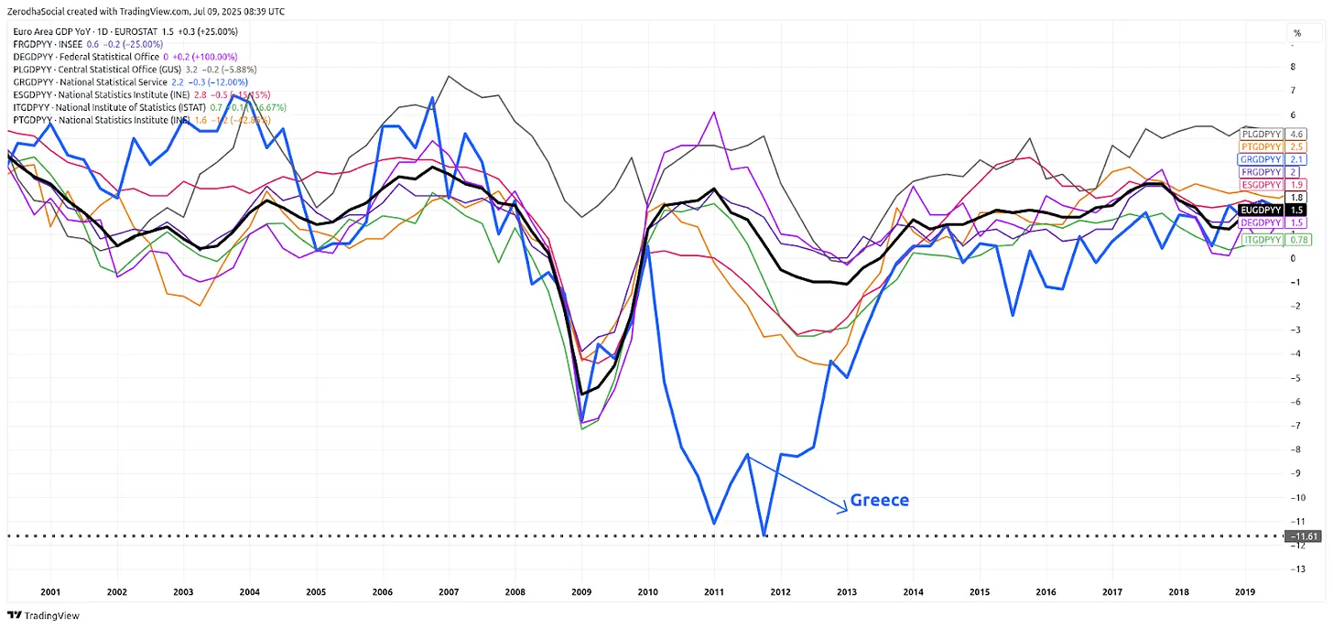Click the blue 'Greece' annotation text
pyautogui.click(x=879, y=500)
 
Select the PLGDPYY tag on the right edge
pyautogui.click(x=1260, y=134)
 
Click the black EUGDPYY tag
pyautogui.click(x=1261, y=210)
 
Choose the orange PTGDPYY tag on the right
pyautogui.click(x=1261, y=146)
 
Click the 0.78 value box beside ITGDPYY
pyautogui.click(x=1297, y=240)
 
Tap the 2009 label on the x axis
pyautogui.click(x=581, y=592)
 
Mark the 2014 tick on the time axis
pyautogui.click(x=913, y=592)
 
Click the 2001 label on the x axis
pyautogui.click(x=50, y=592)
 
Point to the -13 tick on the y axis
pyautogui.click(x=1294, y=568)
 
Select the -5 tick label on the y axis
pyautogui.click(x=1293, y=377)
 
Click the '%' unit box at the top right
pyautogui.click(x=1295, y=33)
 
